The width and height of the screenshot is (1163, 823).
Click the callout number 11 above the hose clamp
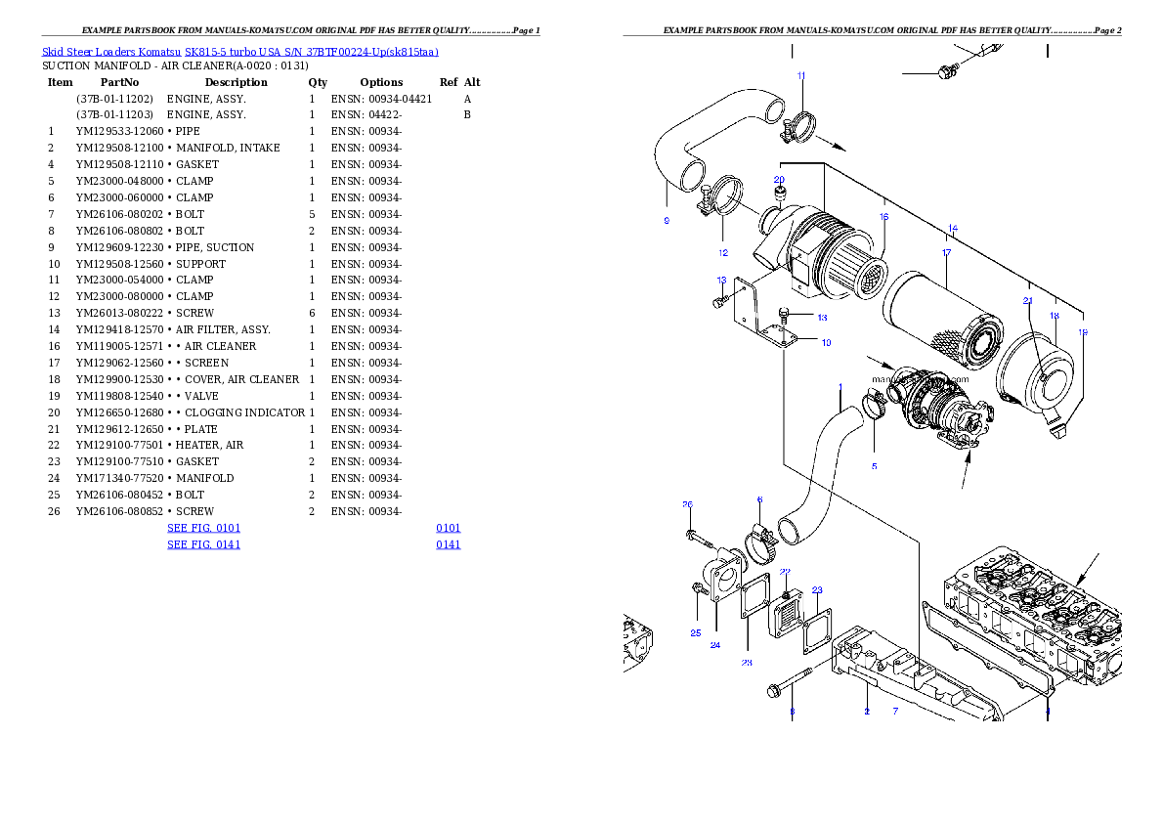[x=801, y=75]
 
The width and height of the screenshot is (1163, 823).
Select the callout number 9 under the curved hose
[x=667, y=221]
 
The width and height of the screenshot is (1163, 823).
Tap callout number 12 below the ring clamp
[x=723, y=253]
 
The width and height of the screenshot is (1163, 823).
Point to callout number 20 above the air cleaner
[x=779, y=180]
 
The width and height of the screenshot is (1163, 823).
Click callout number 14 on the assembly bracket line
[x=952, y=229]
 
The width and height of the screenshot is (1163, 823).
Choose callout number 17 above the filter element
[x=946, y=253]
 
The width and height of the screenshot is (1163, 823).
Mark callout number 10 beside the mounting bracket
[x=826, y=343]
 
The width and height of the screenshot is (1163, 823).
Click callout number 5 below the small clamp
[x=874, y=466]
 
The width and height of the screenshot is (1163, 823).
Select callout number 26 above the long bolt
[x=687, y=504]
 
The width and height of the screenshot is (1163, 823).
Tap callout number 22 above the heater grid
[x=785, y=572]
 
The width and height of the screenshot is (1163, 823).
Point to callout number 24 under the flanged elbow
[x=715, y=645]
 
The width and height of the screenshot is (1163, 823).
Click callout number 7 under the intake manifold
[x=895, y=712]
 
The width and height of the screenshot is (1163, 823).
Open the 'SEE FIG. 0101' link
[x=203, y=528]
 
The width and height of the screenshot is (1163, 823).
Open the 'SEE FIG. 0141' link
[x=203, y=544]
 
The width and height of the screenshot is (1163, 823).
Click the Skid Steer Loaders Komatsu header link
[x=239, y=52]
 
